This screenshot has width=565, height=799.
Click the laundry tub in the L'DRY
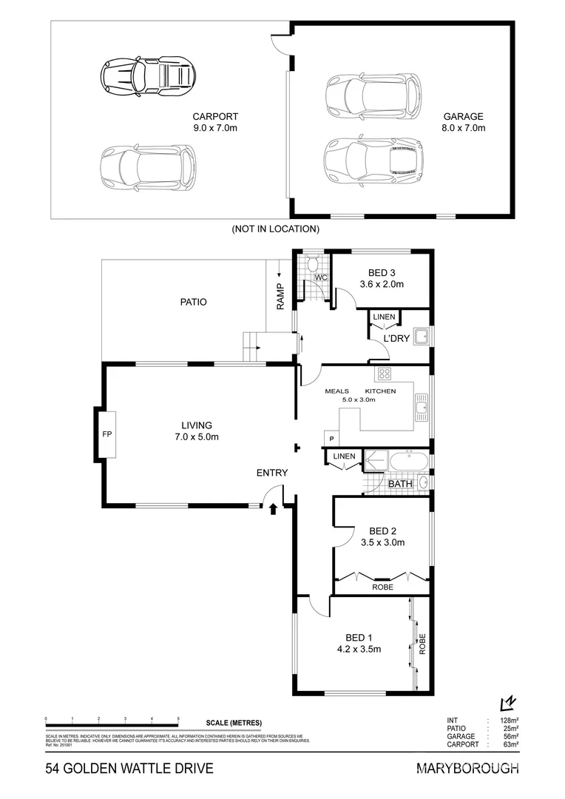pos(422,338)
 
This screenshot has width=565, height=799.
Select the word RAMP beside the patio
pos(280,295)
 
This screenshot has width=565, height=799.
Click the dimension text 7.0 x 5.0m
pos(197,436)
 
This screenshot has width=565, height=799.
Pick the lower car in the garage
pos(371,160)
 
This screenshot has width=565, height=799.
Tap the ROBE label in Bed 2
pos(382,587)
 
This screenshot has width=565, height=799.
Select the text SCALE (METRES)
pos(234,723)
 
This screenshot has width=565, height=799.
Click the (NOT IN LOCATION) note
pos(276,229)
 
